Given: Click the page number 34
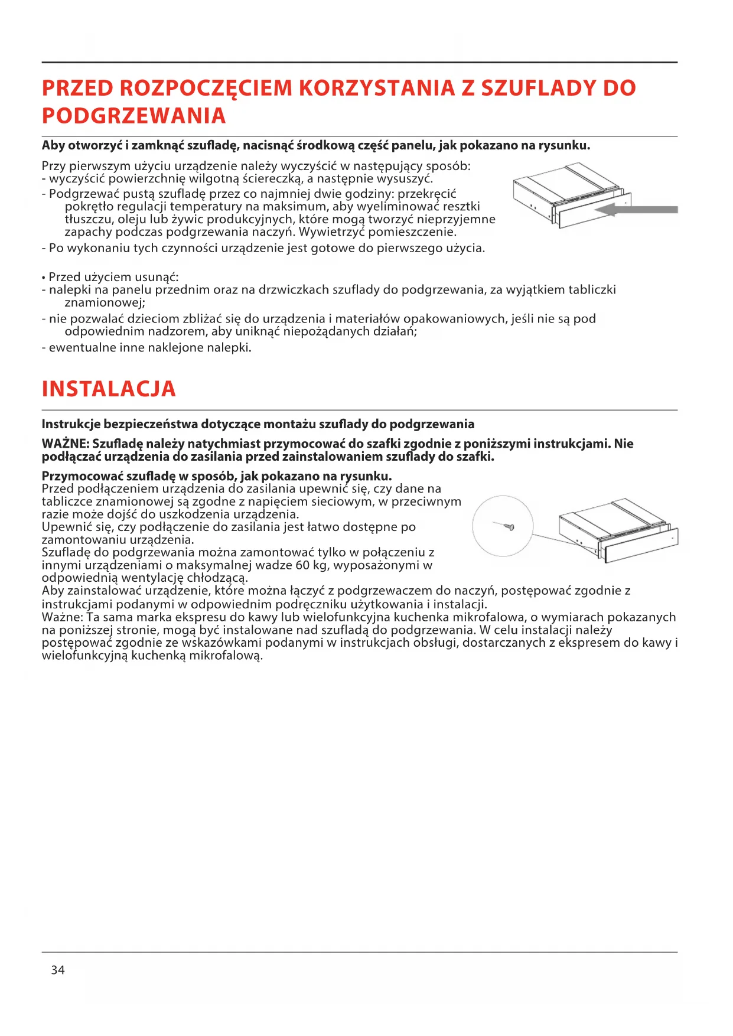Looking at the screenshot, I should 58,970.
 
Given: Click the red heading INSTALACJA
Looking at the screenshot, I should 109,389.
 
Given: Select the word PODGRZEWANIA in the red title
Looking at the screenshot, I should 134,116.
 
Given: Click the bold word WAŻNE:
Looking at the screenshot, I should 66,444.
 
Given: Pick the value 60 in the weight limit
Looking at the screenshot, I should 302,565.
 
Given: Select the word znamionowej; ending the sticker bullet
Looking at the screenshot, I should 105,302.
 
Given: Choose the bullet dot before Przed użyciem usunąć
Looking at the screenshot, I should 44,278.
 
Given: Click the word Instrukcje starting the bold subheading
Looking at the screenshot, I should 71,424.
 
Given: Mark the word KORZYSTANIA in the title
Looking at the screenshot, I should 377,88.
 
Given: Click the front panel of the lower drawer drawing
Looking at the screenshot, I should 640,547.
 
